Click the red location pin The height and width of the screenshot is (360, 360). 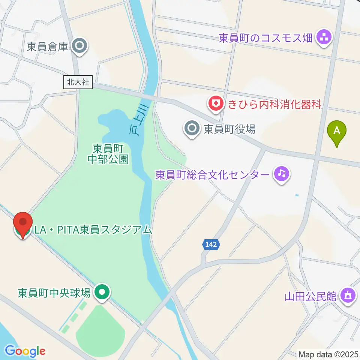(22, 224)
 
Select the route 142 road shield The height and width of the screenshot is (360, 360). (211, 244)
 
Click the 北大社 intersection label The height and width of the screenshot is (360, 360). (78, 82)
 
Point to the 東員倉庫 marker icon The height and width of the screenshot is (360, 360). (80, 46)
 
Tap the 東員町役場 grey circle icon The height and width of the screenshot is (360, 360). (192, 129)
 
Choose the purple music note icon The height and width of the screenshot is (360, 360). (282, 174)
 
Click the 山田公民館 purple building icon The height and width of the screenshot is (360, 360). (348, 295)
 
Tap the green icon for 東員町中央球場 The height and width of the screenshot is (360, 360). (102, 292)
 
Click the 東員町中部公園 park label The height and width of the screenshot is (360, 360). (108, 154)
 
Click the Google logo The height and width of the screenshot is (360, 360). (25, 351)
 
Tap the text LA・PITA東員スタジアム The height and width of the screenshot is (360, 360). (93, 229)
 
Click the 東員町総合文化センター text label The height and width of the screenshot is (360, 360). (212, 175)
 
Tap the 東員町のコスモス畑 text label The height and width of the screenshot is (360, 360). (265, 38)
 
